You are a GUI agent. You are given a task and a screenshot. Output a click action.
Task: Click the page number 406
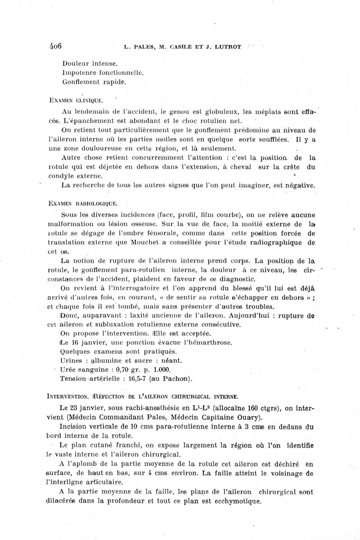55,46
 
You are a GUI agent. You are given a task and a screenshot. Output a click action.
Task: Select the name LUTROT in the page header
227,46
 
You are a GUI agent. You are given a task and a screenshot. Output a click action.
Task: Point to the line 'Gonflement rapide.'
88,82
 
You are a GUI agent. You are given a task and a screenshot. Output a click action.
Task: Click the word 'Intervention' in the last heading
67,396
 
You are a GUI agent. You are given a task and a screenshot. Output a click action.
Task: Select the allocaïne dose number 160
252,408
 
